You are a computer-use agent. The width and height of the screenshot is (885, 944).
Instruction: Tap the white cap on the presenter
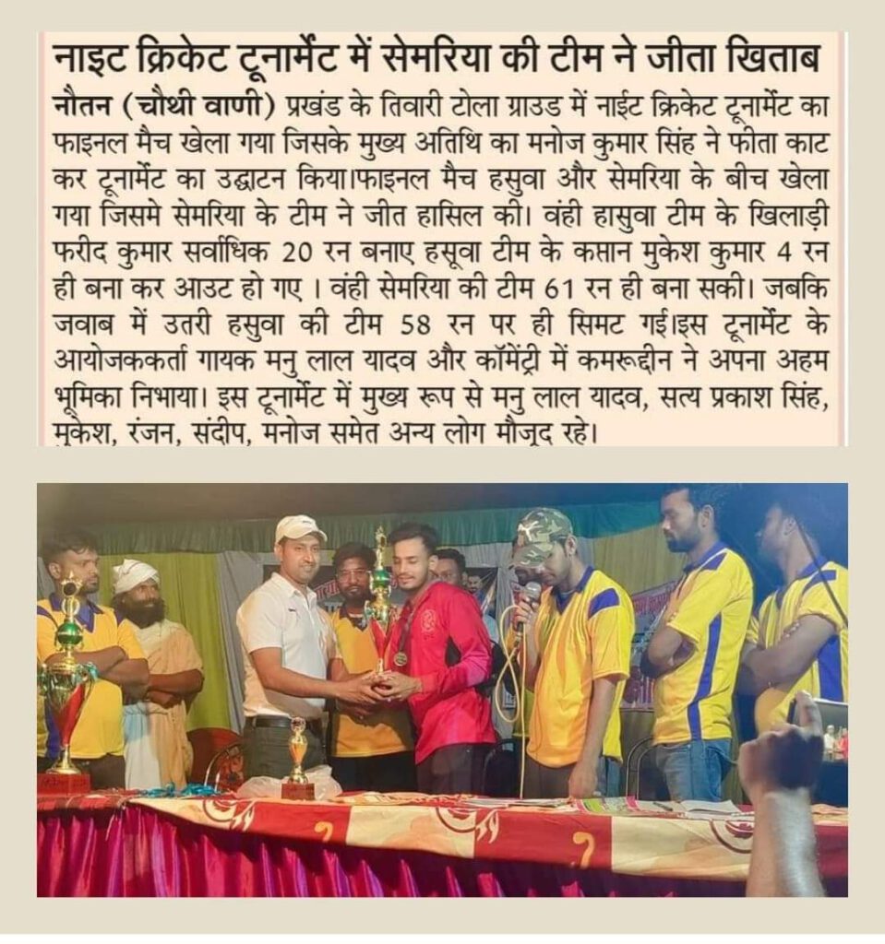[x=300, y=528]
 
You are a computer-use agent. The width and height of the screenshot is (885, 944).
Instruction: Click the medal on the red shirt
[x=400, y=659]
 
